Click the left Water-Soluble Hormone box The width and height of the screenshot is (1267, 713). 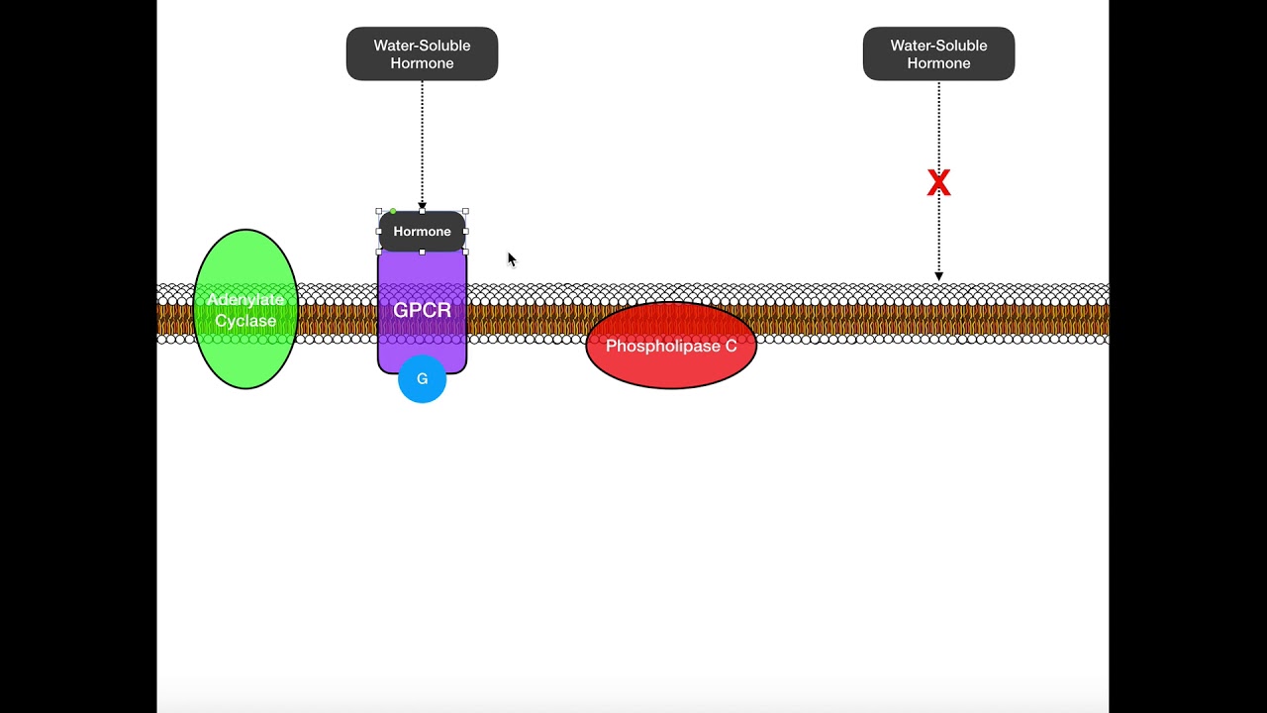point(422,53)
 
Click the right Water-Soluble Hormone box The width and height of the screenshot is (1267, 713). point(938,53)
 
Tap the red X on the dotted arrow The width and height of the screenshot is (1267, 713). point(938,183)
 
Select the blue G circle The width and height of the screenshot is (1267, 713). point(422,379)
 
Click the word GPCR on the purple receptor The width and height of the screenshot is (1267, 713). point(422,310)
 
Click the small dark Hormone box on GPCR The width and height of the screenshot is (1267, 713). point(422,232)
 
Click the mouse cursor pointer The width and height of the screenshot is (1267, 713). point(511,258)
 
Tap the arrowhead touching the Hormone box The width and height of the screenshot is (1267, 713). point(423,206)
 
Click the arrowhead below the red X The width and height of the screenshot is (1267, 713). point(938,276)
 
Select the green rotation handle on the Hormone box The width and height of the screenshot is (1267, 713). point(393,211)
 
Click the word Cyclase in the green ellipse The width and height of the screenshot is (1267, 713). point(245,321)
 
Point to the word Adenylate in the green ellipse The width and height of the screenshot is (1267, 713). point(245,299)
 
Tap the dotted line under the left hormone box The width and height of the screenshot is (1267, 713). point(423,139)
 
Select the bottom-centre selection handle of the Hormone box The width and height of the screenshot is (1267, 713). point(423,253)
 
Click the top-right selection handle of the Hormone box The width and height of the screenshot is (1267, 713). point(466,211)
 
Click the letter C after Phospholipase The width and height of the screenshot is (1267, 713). point(731,346)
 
